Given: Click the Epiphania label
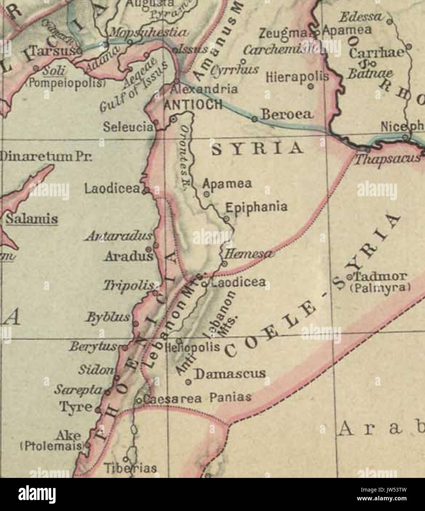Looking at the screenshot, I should click(x=256, y=207).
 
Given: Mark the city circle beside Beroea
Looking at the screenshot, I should click(x=254, y=119).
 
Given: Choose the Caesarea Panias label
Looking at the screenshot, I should click(x=197, y=398).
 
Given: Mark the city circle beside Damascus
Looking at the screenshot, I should click(x=189, y=382).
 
